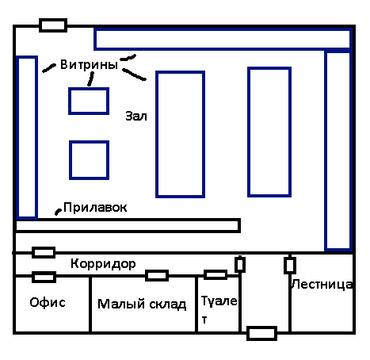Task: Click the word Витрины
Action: pos(89,64)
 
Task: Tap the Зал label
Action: pos(136,116)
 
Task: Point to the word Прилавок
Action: pos(95,208)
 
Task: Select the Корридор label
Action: pos(103,264)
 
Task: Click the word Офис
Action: pos(48,302)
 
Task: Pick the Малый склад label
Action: pos(142,304)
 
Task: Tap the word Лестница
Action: pos(322,285)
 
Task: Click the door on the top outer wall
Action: pos(53,25)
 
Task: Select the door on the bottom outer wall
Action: pos(261,333)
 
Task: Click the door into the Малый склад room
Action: pos(157,275)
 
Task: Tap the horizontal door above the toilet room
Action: pos(216,275)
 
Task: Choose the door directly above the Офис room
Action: pos(44,277)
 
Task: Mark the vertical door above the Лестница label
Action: pos(290,265)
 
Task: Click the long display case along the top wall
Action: pos(222,39)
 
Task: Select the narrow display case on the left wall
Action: pos(27,137)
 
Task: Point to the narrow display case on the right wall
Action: pos(338,151)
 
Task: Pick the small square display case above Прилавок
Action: pos(90,160)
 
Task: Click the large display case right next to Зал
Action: pos(180,134)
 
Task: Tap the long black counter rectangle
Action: pos(128,225)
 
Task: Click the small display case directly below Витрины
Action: pos(89,101)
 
